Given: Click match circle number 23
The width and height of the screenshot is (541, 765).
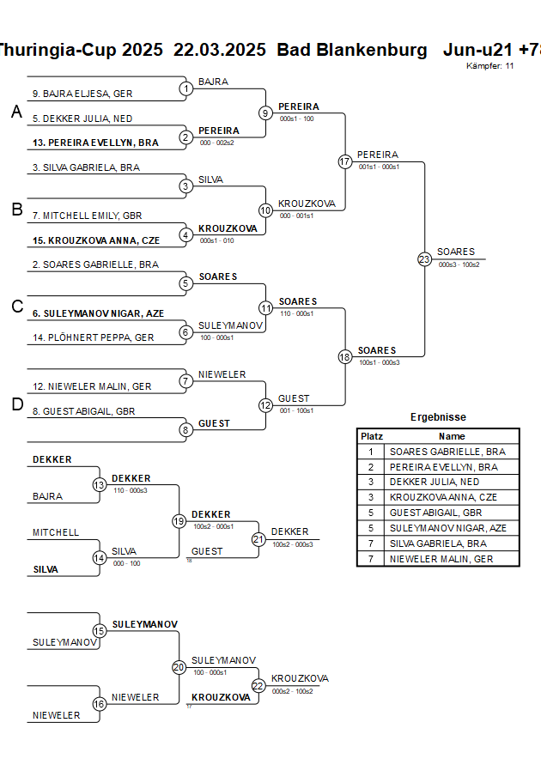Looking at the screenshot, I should [424, 259].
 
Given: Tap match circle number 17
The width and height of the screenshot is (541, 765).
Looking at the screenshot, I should [345, 161].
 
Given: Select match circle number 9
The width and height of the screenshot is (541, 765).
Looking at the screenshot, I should [265, 112].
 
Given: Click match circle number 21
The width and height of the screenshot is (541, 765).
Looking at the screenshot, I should [258, 539].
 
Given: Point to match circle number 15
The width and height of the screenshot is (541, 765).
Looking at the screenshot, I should [100, 631].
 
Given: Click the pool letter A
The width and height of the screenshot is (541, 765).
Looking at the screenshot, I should [16, 112].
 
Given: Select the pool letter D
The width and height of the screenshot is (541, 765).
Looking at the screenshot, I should [16, 404].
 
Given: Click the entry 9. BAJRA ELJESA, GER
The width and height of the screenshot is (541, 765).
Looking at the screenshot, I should [82, 94].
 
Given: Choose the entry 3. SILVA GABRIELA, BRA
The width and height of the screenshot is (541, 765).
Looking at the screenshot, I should [86, 167].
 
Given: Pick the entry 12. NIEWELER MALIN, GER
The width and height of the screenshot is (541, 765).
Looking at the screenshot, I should [92, 387].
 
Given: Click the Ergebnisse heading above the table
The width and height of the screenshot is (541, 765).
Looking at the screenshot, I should [438, 417].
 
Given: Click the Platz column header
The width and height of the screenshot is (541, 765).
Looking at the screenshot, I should [371, 436].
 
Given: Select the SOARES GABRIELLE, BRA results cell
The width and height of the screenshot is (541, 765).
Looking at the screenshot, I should [447, 452].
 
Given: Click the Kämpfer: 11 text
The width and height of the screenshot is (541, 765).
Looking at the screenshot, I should [490, 66].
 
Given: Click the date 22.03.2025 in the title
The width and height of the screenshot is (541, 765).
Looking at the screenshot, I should [220, 50].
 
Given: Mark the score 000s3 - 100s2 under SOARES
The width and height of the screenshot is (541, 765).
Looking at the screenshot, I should [459, 265].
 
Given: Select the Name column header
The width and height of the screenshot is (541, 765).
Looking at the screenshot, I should [452, 436].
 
